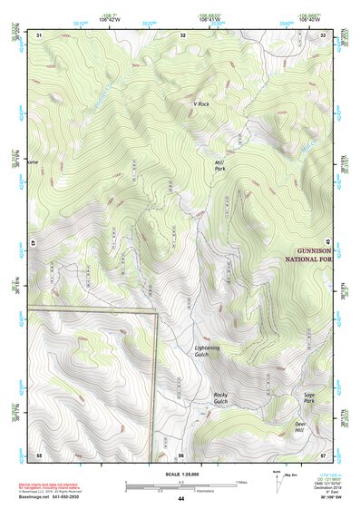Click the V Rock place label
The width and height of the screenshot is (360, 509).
201,104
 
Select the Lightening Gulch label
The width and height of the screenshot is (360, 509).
207,351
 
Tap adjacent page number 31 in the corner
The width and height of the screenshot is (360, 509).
40,34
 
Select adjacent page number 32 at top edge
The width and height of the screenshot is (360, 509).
182,34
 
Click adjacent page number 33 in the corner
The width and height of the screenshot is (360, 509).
324,34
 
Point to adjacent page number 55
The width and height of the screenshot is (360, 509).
40,454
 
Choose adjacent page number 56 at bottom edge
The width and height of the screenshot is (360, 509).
181,454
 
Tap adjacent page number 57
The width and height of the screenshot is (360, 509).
323,454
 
